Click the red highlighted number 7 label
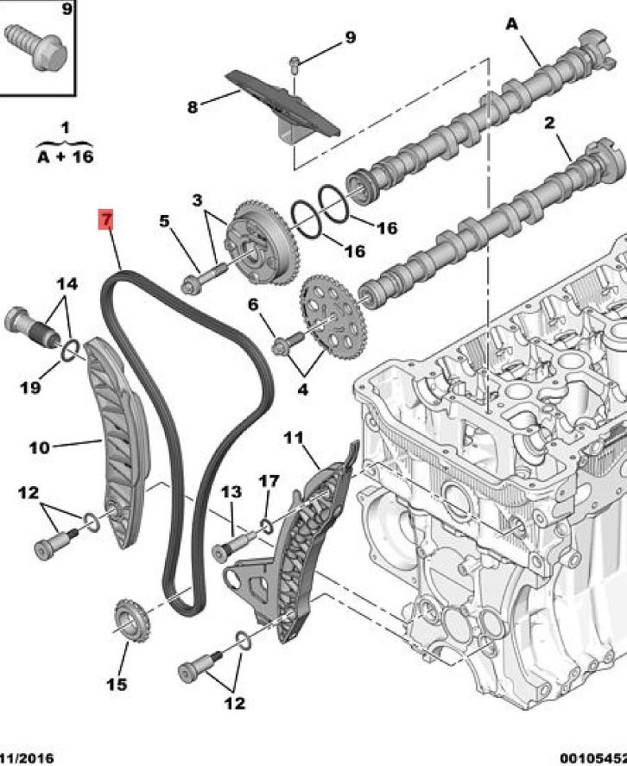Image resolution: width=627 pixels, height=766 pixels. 105,219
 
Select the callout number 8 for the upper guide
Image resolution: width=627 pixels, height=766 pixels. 192,107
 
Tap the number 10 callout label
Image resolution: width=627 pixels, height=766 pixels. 39,446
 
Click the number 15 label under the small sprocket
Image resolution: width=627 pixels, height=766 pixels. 117,685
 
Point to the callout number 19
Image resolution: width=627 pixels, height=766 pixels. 30,388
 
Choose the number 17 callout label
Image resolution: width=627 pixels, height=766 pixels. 269,480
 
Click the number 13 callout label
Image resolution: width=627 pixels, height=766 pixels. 231,492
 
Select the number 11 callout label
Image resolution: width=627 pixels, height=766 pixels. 294,438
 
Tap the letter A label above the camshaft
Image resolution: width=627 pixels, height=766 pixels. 512,25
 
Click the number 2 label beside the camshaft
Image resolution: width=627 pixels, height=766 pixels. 549,123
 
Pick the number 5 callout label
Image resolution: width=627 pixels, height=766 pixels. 164,221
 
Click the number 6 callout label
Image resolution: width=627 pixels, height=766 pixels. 253,304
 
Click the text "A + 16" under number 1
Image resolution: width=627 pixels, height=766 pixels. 65,155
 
